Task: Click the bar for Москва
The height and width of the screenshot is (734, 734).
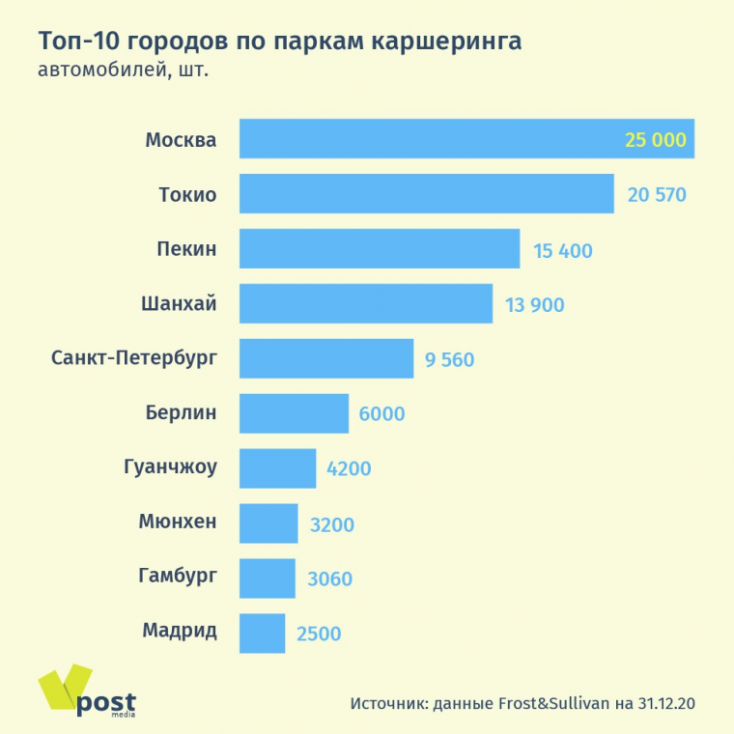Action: click(425, 139)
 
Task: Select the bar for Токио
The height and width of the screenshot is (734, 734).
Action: click(426, 194)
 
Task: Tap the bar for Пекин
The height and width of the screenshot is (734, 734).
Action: click(379, 249)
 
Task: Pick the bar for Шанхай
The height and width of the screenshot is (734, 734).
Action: click(365, 304)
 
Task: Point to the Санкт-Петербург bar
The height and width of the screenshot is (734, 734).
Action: click(325, 358)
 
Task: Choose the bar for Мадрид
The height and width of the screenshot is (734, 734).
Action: click(262, 634)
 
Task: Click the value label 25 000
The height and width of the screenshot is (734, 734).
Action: click(655, 140)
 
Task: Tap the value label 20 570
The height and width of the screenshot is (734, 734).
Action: click(657, 195)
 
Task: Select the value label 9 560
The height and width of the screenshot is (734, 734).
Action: click(449, 360)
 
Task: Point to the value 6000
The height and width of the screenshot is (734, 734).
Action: click(381, 414)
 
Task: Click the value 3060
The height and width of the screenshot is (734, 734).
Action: click(329, 579)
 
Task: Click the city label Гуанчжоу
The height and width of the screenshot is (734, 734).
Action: click(171, 468)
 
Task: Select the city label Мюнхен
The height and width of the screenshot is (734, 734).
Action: click(178, 523)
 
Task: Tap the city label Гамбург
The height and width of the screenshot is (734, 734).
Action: click(178, 578)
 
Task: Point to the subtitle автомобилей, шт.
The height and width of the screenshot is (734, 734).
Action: click(124, 71)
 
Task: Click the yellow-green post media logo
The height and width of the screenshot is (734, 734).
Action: click(87, 692)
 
